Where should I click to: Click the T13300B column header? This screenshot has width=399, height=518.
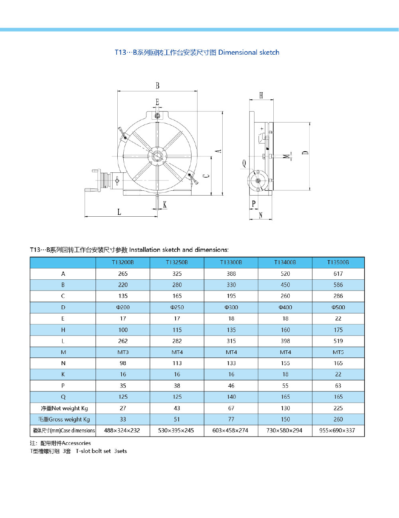(231, 262)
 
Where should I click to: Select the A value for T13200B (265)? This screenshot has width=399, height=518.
(123, 274)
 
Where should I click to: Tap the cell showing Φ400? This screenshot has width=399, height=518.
(285, 307)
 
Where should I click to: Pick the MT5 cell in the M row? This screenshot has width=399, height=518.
(338, 352)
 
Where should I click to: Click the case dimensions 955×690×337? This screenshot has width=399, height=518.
(337, 431)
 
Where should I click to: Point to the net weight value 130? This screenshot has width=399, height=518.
(285, 408)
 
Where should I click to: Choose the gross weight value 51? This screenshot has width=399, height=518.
(177, 419)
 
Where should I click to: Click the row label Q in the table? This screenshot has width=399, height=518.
(63, 397)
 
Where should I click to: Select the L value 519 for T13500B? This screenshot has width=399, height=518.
(338, 341)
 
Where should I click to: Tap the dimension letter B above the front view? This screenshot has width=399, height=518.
(158, 86)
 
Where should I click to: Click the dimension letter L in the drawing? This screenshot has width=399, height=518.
(119, 212)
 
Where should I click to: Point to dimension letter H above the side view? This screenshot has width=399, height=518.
(261, 95)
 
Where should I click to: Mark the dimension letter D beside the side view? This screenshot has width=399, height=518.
(305, 152)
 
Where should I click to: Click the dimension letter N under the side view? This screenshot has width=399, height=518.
(261, 215)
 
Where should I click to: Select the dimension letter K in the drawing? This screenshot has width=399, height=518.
(165, 205)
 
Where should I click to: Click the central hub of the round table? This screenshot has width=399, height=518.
(157, 156)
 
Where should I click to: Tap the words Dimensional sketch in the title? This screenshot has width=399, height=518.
(249, 52)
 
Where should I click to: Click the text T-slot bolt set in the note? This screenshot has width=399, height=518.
(93, 451)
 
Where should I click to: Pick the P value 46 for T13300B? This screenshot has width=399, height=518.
(231, 386)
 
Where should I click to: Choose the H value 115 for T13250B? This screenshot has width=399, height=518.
(177, 330)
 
